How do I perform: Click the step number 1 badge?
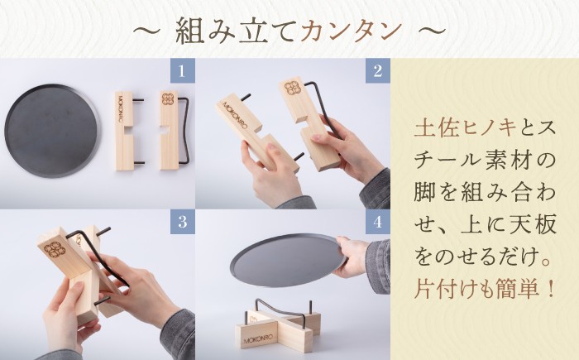181,70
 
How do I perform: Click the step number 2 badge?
377,70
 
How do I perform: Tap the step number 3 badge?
181,222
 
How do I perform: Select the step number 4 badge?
377,222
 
